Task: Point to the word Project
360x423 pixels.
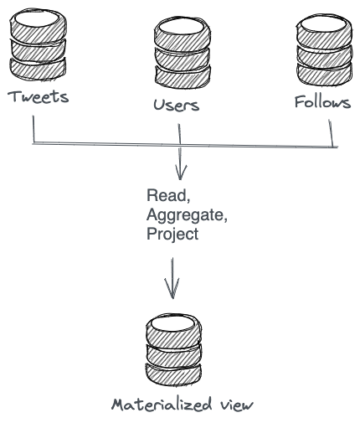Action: click(x=172, y=235)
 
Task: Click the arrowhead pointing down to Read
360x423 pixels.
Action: click(x=179, y=173)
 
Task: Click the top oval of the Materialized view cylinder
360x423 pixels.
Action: click(x=173, y=322)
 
